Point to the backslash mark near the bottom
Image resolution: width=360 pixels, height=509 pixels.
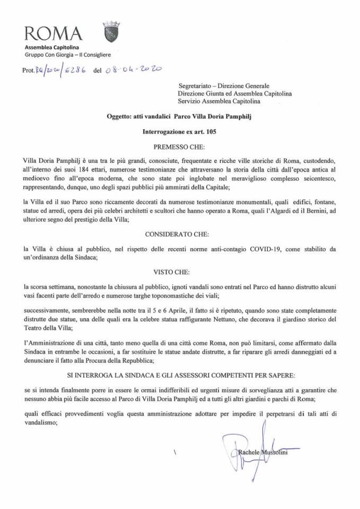point(174,454)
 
